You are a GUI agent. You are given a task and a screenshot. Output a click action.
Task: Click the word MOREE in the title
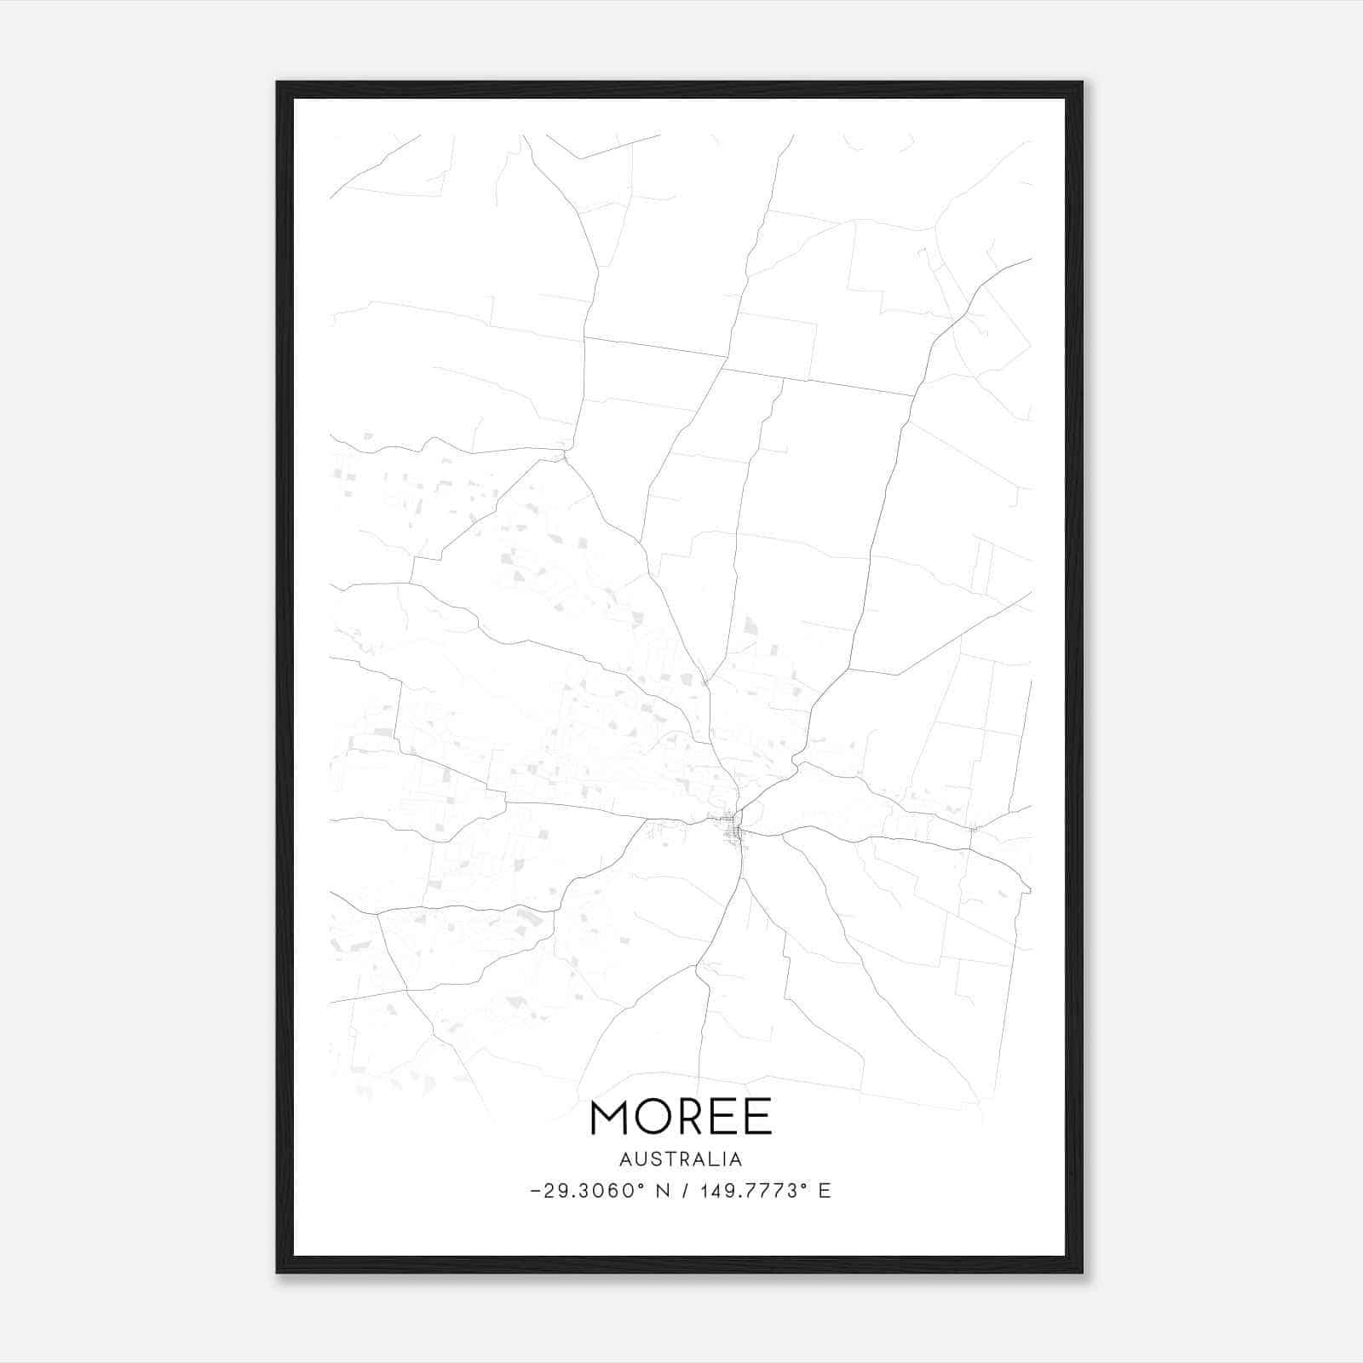[681, 1117]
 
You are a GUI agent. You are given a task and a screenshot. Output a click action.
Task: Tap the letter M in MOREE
[609, 1117]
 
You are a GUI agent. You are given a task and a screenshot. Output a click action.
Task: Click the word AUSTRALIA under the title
[681, 1159]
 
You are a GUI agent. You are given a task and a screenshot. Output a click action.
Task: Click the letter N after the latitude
[661, 1191]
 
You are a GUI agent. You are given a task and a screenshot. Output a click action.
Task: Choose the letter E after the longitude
[825, 1191]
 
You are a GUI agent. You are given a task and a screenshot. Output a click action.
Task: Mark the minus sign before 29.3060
[535, 1191]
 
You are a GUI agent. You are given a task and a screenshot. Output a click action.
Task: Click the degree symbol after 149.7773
[804, 1185]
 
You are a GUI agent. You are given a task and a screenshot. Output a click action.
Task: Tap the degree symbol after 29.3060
[641, 1185]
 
